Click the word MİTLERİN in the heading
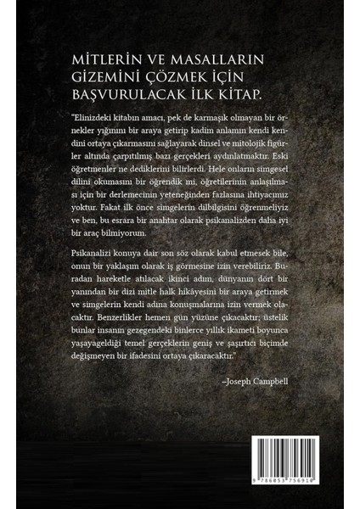[x=96, y=57]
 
